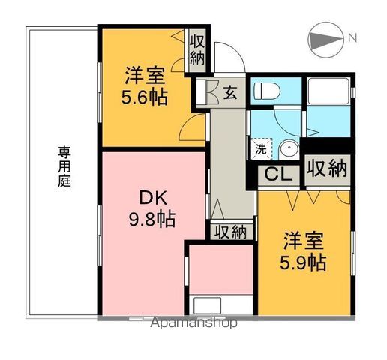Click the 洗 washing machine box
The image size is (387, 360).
(x=260, y=148)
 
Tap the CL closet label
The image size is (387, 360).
(x=275, y=175)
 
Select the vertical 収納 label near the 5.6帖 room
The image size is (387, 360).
(x=197, y=49)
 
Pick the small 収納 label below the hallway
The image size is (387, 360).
(x=228, y=232)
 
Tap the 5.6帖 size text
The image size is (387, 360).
(x=145, y=97)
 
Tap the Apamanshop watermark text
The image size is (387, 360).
(x=194, y=323)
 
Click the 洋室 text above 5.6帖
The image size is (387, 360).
(x=144, y=76)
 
